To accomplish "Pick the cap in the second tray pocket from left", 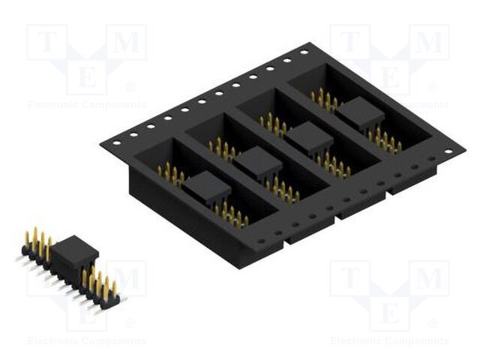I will point(259,161).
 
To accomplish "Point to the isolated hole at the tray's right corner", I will point(448,151).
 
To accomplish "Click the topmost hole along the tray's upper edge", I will point(304,52).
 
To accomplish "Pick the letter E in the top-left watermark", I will point(85,76).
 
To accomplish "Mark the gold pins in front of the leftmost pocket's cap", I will point(232,215).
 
